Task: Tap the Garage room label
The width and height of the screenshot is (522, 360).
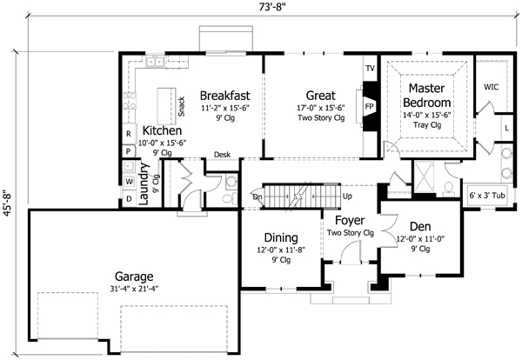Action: click(134, 277)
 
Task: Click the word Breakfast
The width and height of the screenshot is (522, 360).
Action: click(225, 95)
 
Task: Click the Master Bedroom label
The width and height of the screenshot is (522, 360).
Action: click(426, 95)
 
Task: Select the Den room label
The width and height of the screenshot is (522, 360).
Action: click(423, 224)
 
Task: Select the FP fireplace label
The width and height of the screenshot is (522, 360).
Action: click(369, 105)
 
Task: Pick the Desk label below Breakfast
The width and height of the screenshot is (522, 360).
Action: click(222, 153)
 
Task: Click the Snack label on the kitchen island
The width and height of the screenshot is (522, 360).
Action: click(181, 105)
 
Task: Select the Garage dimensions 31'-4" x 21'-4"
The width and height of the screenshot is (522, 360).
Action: click(134, 290)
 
